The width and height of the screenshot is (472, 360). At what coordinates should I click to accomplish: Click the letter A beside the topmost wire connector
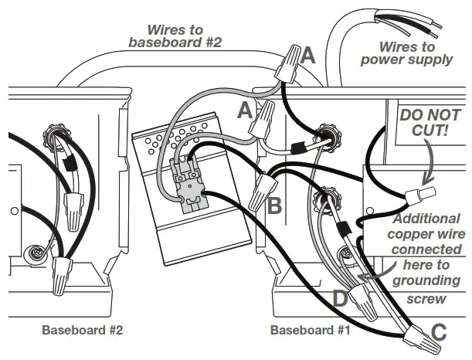click(309, 56)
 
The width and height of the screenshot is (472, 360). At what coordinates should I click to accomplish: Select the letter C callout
click(439, 334)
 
